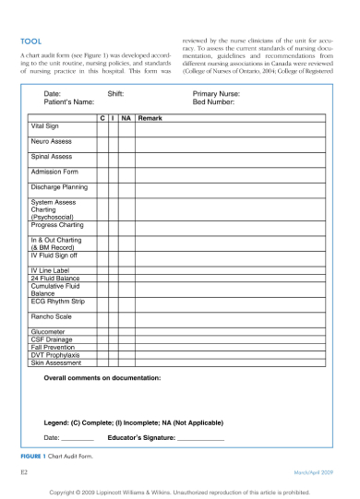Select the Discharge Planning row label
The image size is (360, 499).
pyautogui.click(x=59, y=187)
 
